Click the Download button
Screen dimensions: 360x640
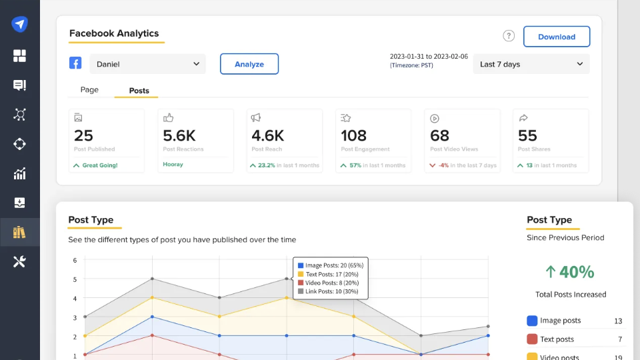pos(556,37)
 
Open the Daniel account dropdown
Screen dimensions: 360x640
pos(147,64)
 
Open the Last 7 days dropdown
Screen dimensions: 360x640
pos(531,64)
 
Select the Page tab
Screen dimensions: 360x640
pos(89,90)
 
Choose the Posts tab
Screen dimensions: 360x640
pos(139,91)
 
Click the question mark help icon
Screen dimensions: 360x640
pos(509,36)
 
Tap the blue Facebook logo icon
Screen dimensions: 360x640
pos(75,63)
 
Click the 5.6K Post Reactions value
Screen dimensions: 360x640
pos(179,135)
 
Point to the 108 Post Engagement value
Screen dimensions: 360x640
pos(353,135)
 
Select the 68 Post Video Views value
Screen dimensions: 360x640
pos(439,135)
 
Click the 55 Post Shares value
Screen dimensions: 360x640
pos(527,135)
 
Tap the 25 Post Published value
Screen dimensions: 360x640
pos(83,135)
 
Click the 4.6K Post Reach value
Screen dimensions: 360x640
pos(268,135)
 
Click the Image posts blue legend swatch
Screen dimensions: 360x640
pos(532,321)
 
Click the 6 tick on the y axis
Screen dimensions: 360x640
pos(75,260)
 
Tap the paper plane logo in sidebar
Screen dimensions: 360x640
pos(19,25)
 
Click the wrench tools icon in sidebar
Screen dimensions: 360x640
pos(19,261)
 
